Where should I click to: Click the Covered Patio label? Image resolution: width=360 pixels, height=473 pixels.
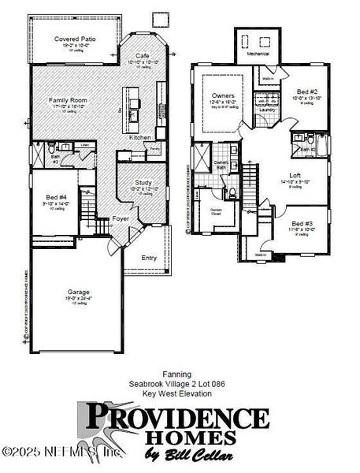[73, 39]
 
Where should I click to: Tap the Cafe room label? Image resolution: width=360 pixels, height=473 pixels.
[143, 56]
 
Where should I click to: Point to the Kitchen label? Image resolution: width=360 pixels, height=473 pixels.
[140, 138]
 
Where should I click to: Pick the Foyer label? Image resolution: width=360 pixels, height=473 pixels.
[120, 218]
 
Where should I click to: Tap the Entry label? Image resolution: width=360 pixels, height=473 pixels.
[148, 258]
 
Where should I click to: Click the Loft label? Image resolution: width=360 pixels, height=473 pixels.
[295, 175]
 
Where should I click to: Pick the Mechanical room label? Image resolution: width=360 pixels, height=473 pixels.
[259, 55]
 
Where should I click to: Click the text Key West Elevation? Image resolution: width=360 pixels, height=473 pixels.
[176, 392]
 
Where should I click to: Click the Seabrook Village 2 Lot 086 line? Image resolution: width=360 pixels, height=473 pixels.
[176, 384]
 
